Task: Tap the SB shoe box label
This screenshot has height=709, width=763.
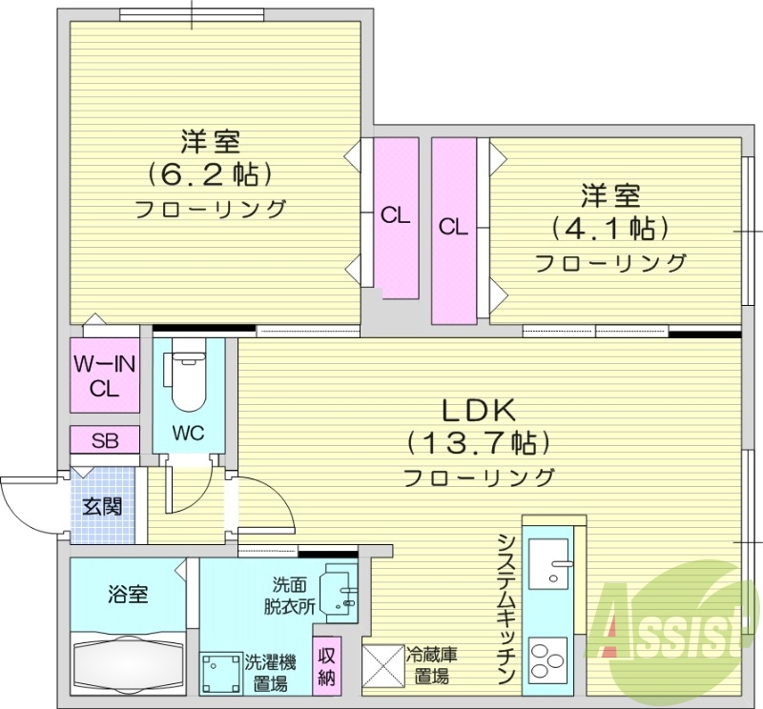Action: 104,440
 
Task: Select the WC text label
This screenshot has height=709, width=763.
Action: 188,433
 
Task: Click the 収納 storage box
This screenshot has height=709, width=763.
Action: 326,666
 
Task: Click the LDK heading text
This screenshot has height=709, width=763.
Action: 478,410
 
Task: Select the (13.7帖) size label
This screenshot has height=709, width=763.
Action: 478,443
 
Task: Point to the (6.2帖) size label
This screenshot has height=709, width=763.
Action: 211,173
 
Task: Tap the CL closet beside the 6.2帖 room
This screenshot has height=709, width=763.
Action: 395,216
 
